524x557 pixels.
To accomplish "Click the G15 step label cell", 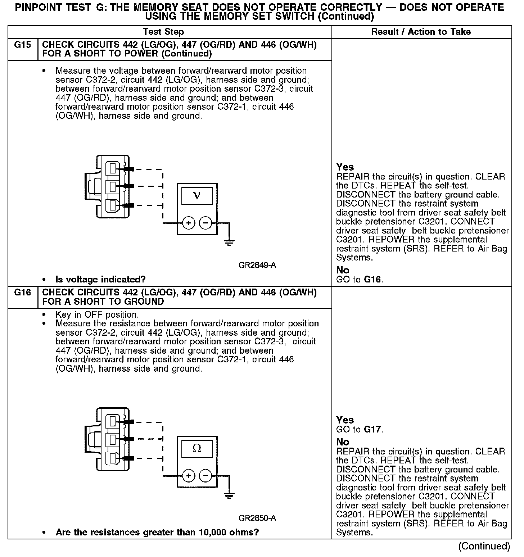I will [22, 45].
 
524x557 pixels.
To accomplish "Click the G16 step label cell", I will [22, 293].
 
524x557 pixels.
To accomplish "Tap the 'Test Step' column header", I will [163, 32].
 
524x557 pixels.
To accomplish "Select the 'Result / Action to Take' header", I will [421, 32].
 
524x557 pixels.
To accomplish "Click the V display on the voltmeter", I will [197, 196].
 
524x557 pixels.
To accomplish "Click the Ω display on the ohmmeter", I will [197, 448].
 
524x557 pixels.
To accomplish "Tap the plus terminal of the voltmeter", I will [189, 223].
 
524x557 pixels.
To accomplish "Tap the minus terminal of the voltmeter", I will [205, 223].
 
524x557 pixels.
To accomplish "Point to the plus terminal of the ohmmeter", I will [189, 476].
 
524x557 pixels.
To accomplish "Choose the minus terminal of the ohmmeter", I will [205, 476].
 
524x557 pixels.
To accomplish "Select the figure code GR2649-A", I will [257, 266].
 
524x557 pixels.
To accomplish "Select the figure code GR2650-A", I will [257, 518].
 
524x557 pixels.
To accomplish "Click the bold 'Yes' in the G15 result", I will [345, 167].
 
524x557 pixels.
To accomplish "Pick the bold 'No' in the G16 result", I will [343, 442].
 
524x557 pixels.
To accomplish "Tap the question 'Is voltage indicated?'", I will [100, 280].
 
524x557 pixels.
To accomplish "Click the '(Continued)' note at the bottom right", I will [484, 546].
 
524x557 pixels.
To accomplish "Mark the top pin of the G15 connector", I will [113, 168].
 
